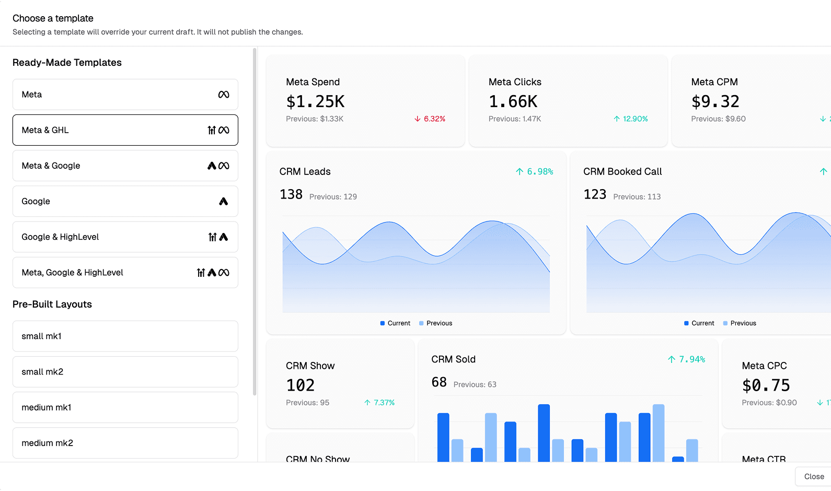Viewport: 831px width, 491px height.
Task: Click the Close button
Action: click(813, 476)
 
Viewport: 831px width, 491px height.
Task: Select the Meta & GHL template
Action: click(125, 130)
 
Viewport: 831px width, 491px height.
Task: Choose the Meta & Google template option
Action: click(125, 166)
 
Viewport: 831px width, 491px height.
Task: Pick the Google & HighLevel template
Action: click(125, 237)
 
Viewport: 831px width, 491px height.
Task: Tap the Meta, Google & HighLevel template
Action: click(125, 272)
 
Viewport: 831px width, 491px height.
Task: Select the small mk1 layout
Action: click(125, 336)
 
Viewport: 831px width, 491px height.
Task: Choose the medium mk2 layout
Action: click(125, 443)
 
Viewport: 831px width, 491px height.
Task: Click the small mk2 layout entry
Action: click(125, 371)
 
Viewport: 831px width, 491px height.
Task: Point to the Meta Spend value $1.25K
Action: click(315, 101)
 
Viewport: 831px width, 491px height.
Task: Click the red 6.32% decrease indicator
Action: click(430, 119)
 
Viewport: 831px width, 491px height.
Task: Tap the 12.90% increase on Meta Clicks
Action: click(631, 119)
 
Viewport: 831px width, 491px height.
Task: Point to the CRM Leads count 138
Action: click(291, 194)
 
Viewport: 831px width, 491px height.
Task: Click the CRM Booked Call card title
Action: click(622, 171)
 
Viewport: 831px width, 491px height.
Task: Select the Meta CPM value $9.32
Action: click(715, 101)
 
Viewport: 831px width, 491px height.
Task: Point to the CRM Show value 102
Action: click(301, 385)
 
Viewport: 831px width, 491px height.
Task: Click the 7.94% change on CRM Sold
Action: click(687, 359)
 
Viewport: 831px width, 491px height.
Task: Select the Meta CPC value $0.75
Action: click(766, 385)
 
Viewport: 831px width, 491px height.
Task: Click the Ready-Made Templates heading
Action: click(67, 63)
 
